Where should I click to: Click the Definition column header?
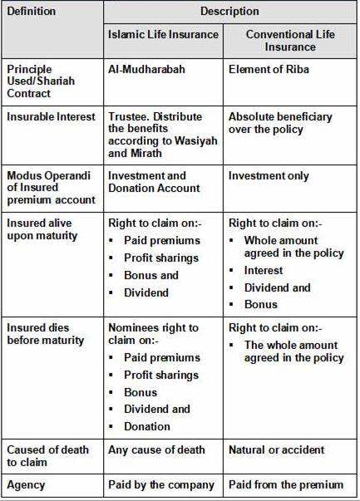(x=32, y=12)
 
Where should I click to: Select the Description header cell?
(x=229, y=12)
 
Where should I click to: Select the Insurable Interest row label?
(x=49, y=117)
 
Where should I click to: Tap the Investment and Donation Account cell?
(x=154, y=182)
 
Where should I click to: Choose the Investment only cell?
(x=269, y=176)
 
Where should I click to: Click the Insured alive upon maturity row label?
(x=42, y=229)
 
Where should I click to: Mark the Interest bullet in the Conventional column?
(x=264, y=270)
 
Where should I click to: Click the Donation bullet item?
(x=146, y=426)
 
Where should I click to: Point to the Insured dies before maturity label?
(x=46, y=334)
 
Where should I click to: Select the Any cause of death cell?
(x=156, y=450)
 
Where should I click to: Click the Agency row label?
(x=27, y=484)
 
